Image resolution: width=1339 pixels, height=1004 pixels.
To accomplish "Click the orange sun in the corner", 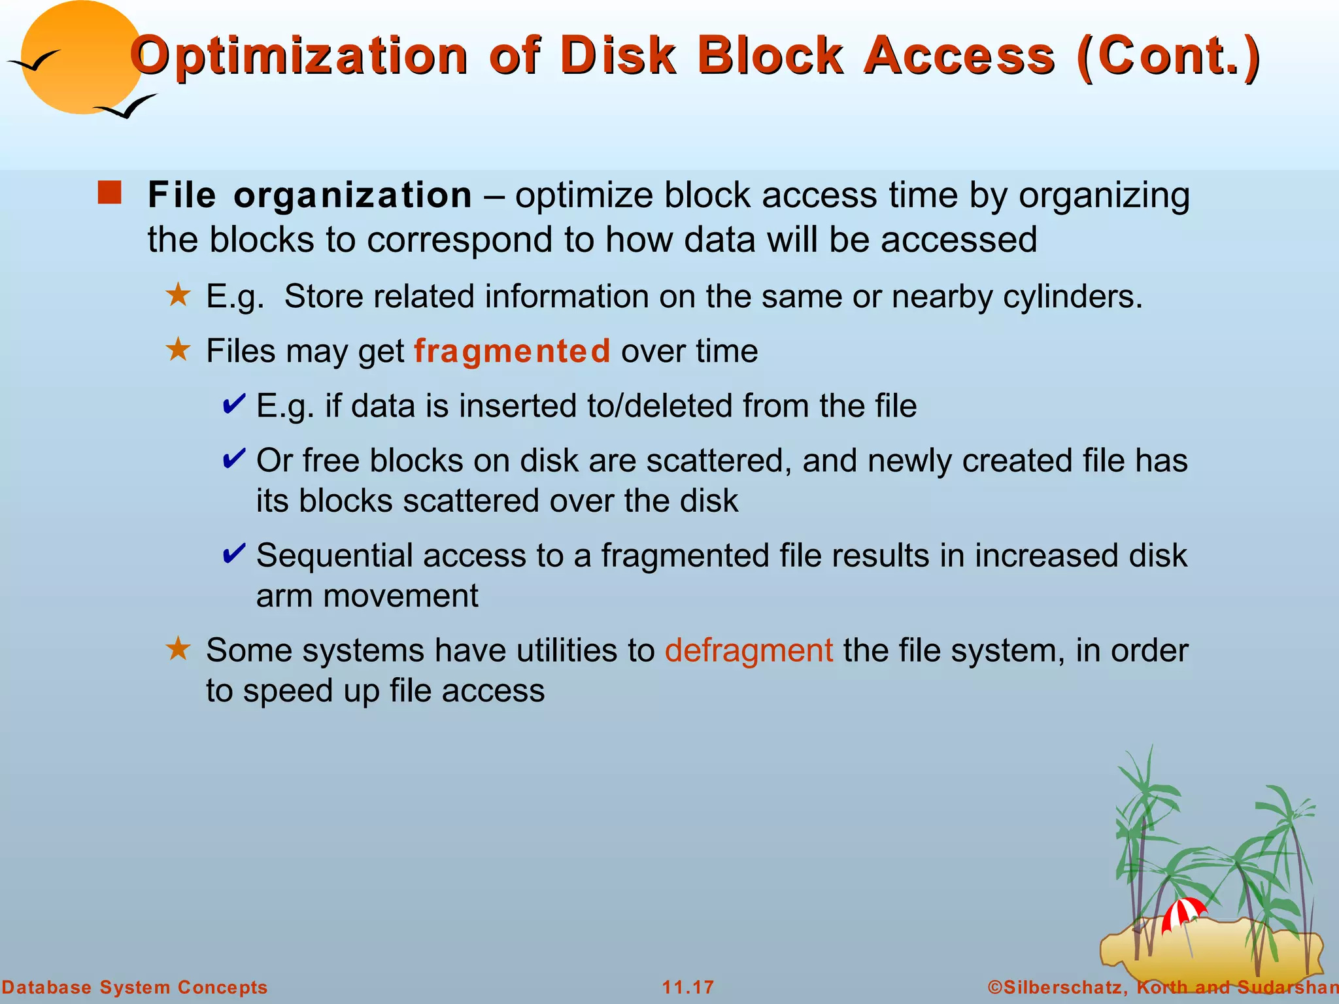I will click(78, 59).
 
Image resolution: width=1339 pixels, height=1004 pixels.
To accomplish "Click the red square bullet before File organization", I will click(109, 193).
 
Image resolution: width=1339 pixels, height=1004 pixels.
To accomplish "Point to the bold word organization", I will click(352, 195).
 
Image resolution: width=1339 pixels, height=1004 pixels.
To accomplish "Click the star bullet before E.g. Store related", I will click(178, 295).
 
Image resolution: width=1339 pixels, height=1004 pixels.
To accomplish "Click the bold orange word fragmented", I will click(512, 351).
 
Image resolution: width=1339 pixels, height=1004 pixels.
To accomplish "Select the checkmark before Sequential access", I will click(234, 554).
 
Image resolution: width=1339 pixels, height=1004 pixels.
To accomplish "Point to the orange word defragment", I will click(749, 650).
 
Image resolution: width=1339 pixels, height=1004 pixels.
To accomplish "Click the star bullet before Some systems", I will click(178, 649).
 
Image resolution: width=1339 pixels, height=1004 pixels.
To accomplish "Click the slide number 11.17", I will click(688, 987).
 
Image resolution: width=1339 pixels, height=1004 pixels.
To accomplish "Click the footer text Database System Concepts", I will click(135, 987).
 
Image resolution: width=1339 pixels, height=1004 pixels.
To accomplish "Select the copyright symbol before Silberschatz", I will click(995, 987).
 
